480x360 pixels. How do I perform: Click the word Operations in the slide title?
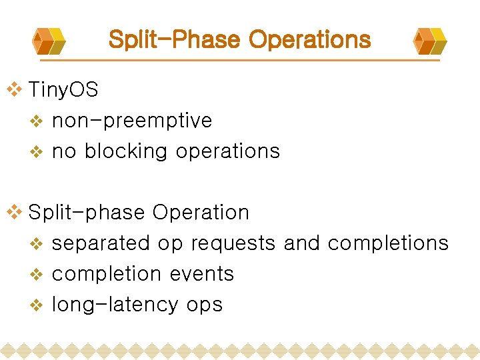309,39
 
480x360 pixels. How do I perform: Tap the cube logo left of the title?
49,41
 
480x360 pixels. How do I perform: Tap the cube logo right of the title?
430,41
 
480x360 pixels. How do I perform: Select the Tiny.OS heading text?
63,90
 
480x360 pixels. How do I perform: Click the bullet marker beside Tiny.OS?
13,90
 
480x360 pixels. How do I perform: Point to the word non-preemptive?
131,121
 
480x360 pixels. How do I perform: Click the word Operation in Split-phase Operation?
201,213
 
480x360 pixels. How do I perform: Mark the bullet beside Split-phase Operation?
13,213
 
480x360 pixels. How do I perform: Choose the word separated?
101,243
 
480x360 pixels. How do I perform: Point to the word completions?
388,244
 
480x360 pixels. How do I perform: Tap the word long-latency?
115,305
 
